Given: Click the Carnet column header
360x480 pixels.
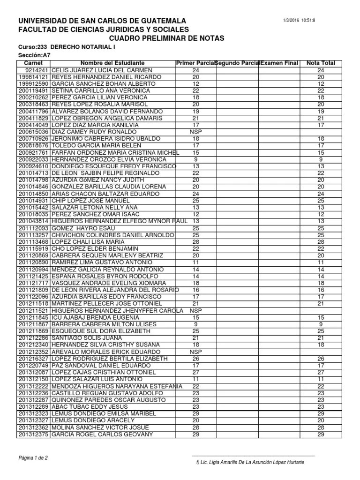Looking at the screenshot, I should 33,63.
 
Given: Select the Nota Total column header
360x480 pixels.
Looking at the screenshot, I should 321,63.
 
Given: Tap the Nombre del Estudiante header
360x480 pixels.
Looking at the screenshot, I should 112,63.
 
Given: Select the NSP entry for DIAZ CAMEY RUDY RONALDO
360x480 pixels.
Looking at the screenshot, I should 196,132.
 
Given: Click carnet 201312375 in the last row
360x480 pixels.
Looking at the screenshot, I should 33,435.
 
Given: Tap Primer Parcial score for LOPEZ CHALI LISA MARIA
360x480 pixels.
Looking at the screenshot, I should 196,241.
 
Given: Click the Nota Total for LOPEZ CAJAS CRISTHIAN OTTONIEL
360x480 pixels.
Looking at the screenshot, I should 321,372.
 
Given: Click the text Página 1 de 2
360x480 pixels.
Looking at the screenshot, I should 33,457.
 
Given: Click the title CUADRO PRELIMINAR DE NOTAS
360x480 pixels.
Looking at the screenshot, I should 167,38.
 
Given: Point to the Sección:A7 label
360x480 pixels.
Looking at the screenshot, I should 33,55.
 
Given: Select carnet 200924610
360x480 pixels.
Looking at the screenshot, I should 33,166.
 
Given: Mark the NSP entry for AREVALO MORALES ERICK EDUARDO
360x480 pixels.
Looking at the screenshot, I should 196,352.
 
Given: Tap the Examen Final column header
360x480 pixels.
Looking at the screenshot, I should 279,63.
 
